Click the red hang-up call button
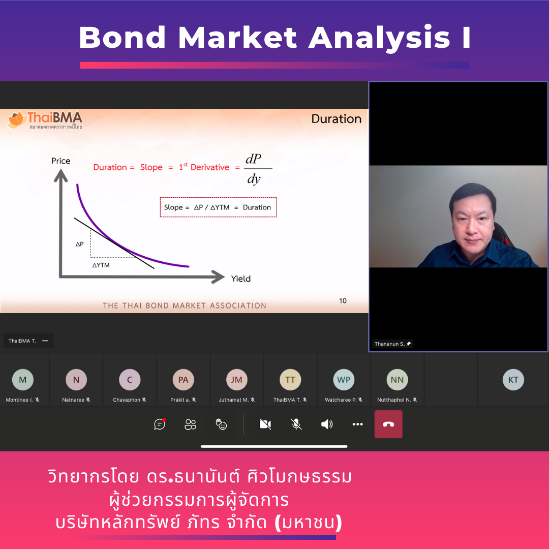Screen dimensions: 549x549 [388, 424]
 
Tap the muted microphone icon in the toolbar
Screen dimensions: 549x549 [296, 424]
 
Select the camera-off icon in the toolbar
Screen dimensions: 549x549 [265, 424]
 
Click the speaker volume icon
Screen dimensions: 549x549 [327, 424]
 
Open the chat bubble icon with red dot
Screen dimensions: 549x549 [160, 424]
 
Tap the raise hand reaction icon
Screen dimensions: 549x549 [221, 424]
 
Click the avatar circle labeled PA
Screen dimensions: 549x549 [183, 380]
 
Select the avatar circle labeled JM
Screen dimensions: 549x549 [237, 380]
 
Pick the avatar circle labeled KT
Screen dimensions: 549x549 [513, 380]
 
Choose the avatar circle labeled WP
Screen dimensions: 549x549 [344, 380]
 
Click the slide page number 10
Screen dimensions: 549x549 [343, 300]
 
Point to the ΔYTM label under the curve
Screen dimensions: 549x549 [101, 265]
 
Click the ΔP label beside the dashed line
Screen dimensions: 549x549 [79, 243]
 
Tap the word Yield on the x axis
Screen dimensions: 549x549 [241, 279]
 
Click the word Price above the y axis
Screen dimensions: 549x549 [61, 161]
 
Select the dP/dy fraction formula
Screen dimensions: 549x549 [254, 169]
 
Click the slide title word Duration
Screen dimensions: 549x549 [337, 119]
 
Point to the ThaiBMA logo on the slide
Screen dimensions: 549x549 [45, 120]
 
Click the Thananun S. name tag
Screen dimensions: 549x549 [392, 344]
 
